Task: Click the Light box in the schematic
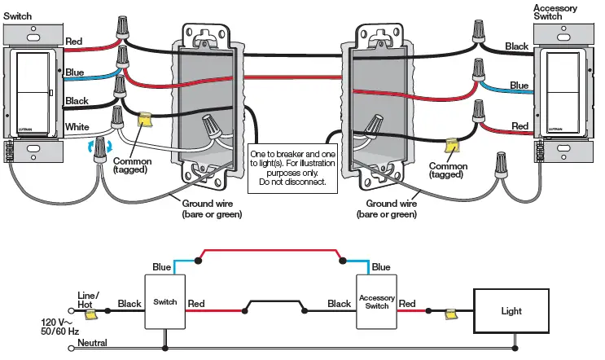click(511, 310)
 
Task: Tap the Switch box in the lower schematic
click(164, 302)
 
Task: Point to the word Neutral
click(92, 343)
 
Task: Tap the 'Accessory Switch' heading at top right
click(555, 13)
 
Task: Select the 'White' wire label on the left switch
click(77, 126)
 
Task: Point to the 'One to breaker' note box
click(291, 167)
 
